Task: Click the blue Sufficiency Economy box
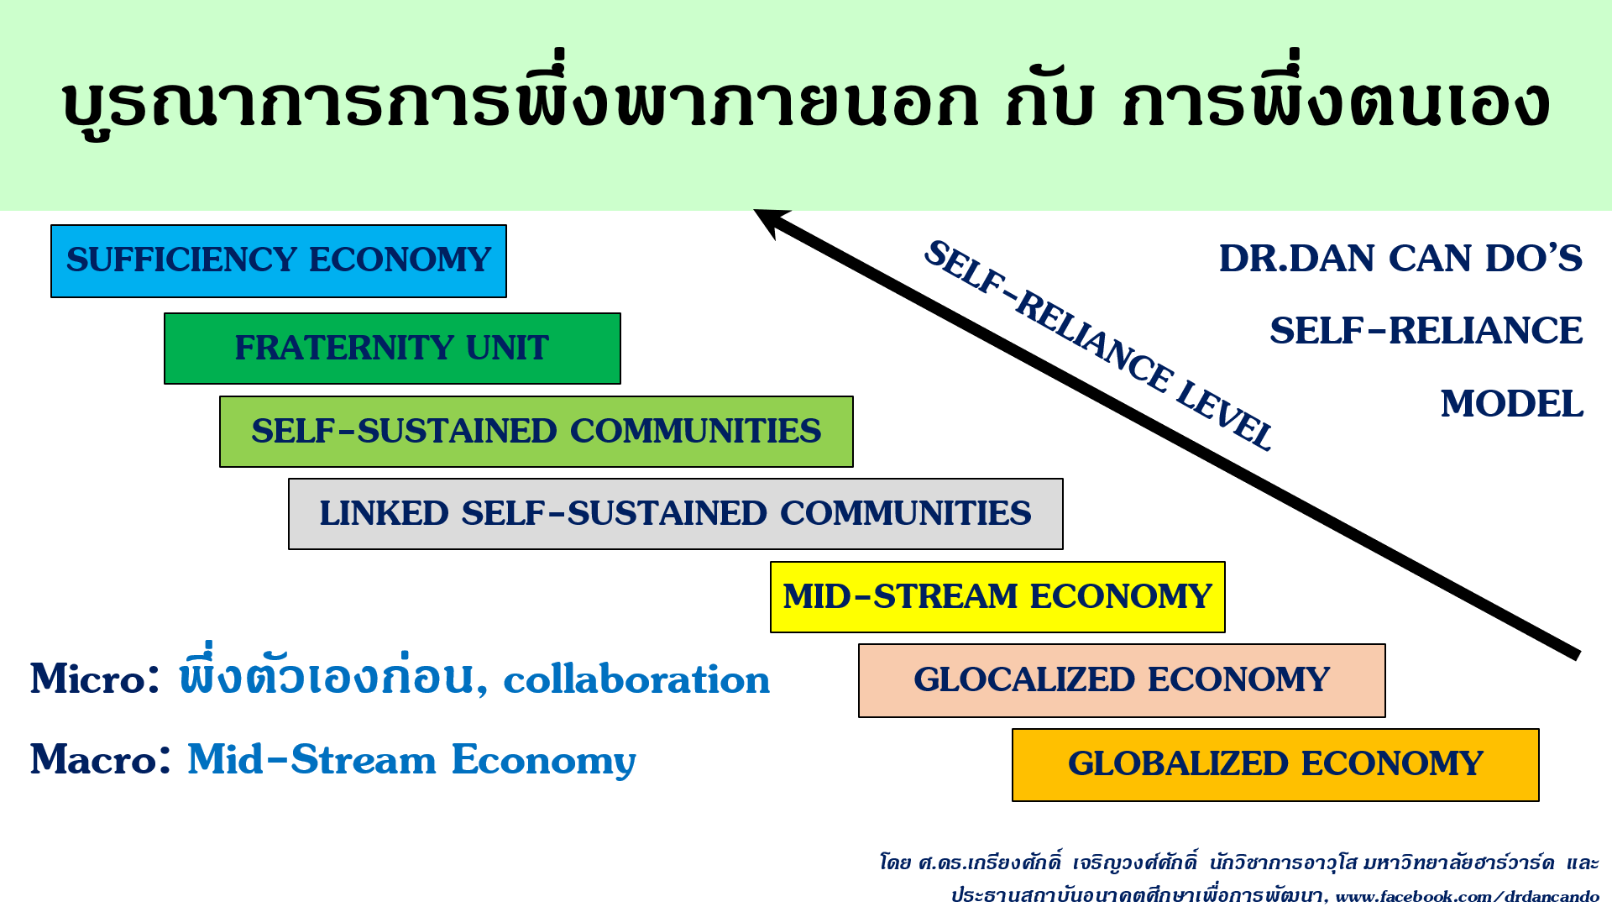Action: tap(279, 261)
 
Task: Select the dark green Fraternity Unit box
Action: tap(392, 349)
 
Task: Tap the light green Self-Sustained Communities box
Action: tap(536, 432)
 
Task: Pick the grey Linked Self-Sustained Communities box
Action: tap(676, 514)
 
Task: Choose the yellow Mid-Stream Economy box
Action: tap(997, 597)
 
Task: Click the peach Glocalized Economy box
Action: tap(1122, 680)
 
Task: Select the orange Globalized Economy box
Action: tap(1275, 765)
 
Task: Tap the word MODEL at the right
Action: tap(1511, 404)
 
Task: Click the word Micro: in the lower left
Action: tap(95, 679)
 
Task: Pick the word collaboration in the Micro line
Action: tap(636, 679)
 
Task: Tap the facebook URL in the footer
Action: tap(1467, 896)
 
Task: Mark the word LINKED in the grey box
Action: tap(384, 514)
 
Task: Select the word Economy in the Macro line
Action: tap(544, 760)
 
